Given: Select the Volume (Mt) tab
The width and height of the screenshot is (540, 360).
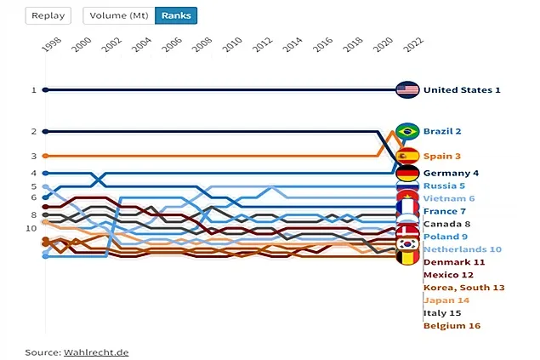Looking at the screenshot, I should [120, 15].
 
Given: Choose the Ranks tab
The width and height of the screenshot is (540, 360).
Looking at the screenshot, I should [176, 15].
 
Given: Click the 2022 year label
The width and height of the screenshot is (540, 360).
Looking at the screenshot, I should [412, 45].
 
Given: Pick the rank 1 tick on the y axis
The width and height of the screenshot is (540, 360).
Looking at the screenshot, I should [33, 89].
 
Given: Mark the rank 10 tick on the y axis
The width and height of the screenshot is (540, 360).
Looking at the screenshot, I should [31, 228].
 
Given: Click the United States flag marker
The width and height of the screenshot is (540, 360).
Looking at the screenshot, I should [408, 89].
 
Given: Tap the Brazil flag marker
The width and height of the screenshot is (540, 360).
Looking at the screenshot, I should [408, 131].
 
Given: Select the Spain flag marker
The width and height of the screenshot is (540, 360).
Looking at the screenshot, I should [408, 156].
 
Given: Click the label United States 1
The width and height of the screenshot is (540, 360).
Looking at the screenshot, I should [462, 89].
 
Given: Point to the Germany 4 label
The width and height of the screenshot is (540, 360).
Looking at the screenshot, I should [451, 173].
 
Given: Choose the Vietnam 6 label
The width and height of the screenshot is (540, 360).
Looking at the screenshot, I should [449, 197].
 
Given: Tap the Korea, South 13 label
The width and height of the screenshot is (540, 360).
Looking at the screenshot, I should [463, 288].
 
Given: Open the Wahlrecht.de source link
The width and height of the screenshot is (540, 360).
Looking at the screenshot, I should [96, 351].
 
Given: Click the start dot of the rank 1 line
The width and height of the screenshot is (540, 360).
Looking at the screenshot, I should [46, 89].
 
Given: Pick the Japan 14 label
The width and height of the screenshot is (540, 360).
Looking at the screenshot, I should [446, 300].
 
